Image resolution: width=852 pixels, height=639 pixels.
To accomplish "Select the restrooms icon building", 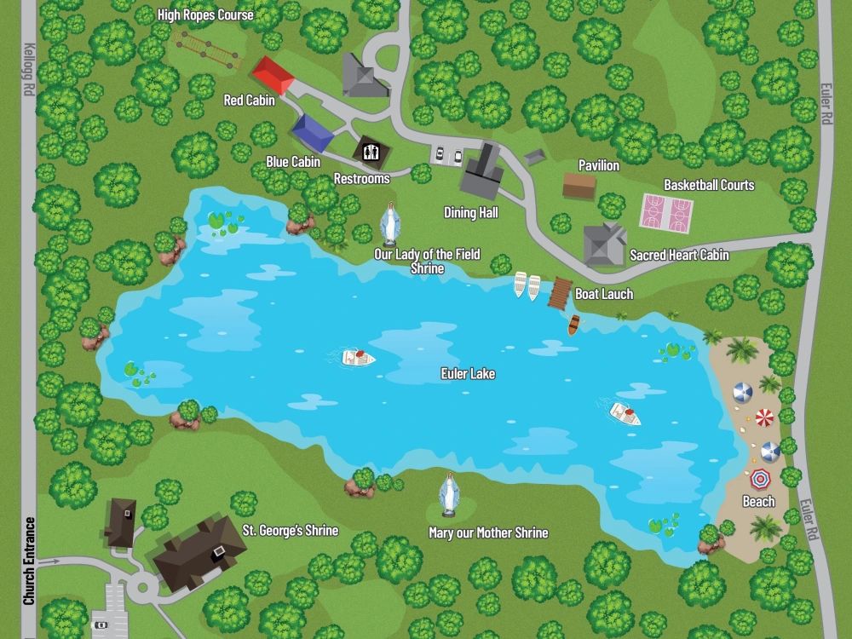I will coord(371,152).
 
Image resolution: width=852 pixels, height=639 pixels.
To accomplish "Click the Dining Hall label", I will coord(471,212).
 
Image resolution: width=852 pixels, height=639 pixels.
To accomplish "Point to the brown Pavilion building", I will coord(579,185).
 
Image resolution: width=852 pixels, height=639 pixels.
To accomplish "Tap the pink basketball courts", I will coord(667,213).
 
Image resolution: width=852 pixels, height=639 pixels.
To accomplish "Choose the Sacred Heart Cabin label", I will coord(679,255).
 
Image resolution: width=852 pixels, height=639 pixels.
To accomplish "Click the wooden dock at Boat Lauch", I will coord(559,292).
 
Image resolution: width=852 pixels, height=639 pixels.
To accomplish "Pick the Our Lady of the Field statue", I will coord(389,224).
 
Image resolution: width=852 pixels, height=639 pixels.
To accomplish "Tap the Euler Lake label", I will coord(468,373).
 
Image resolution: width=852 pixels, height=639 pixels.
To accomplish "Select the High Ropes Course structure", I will coord(207,50).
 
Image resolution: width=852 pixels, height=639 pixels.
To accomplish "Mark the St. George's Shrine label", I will coord(291,531).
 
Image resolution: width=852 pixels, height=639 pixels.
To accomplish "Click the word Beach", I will coord(758,502).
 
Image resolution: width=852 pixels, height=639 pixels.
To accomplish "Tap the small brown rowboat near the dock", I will coord(574,325).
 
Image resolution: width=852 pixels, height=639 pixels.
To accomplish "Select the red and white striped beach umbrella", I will coord(764,417).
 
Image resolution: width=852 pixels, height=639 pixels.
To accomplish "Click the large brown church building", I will coord(199,551).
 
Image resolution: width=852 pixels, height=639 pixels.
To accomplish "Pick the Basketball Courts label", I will coord(709,185).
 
